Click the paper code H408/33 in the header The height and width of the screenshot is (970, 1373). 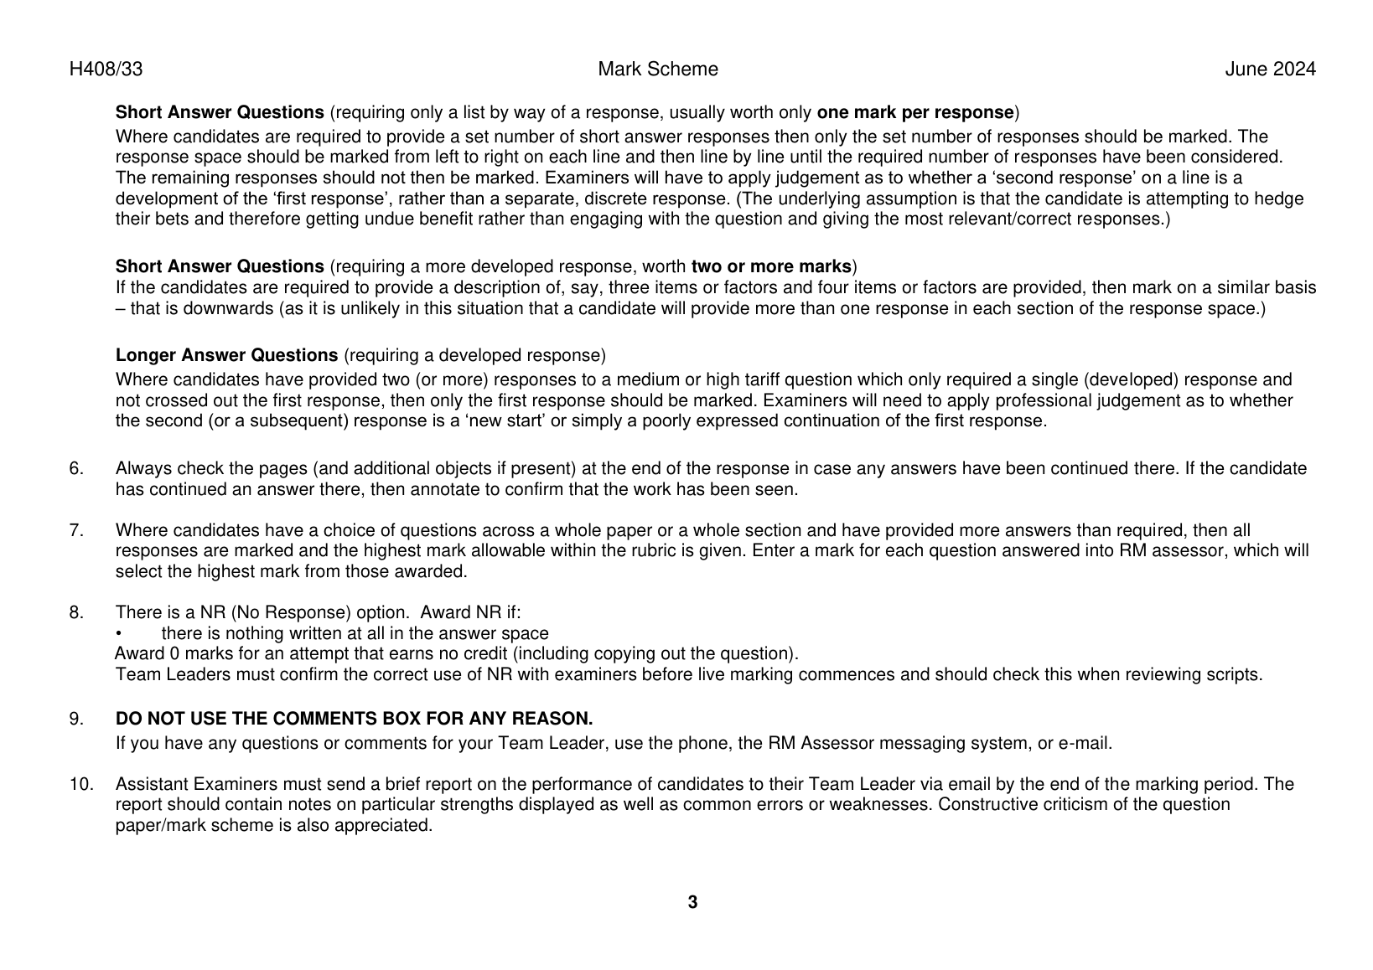click(106, 70)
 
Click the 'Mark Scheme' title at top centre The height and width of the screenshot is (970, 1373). click(658, 70)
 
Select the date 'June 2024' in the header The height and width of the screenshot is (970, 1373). click(1270, 70)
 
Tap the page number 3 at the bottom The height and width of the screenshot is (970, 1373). click(692, 902)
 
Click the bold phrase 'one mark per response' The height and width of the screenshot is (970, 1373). click(915, 112)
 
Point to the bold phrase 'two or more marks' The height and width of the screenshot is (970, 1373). click(771, 266)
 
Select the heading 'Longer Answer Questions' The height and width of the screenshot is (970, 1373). click(226, 355)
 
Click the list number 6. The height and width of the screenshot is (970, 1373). click(75, 468)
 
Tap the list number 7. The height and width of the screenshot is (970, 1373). click(75, 530)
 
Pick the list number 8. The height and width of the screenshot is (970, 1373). click(75, 612)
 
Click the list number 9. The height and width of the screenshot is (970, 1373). click(75, 719)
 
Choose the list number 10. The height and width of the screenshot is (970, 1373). click(80, 784)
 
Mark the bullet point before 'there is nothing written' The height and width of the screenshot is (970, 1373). click(119, 634)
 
